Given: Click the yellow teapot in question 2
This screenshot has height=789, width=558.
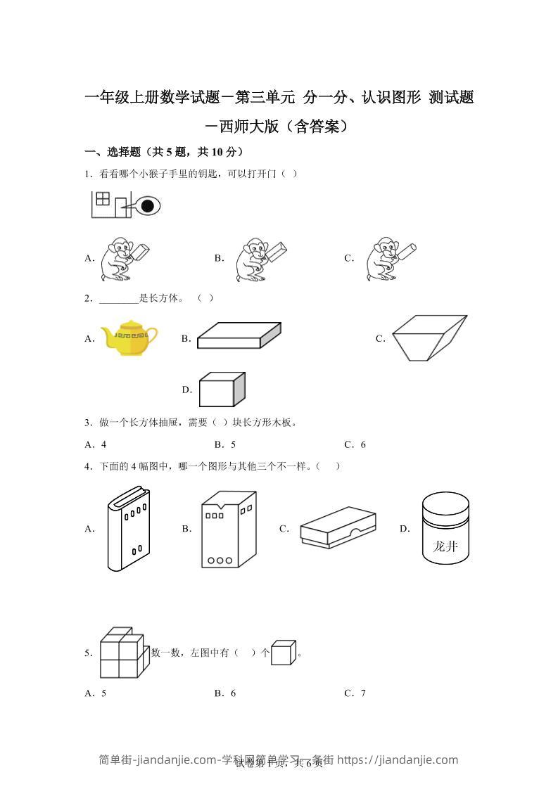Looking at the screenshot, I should click(x=129, y=338).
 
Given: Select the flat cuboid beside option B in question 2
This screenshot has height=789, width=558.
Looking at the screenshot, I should click(x=239, y=335).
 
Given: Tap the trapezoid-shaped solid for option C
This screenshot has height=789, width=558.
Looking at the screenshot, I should click(x=429, y=338).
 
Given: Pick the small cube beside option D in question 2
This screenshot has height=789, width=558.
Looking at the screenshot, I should click(x=222, y=389).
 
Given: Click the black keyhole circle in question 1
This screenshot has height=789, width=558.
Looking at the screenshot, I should click(x=147, y=206).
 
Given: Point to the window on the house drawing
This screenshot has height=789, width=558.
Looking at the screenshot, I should click(x=103, y=198).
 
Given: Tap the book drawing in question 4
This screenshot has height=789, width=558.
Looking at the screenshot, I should click(x=128, y=529).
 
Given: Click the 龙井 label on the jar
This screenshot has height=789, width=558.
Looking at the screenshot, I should click(x=445, y=546).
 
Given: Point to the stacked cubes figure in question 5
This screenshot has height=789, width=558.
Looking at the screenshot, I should click(x=122, y=653).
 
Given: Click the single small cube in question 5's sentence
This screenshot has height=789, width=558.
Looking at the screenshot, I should click(x=283, y=653).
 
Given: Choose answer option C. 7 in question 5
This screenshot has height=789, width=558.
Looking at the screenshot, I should click(x=355, y=693).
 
